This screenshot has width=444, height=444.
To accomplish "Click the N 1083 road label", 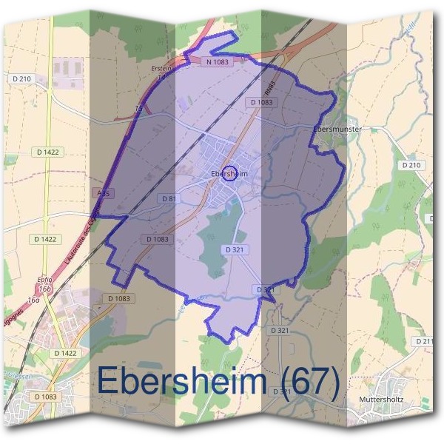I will click(218, 63).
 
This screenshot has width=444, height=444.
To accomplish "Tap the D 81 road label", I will click(168, 199).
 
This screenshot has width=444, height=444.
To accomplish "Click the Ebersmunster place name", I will click(337, 129).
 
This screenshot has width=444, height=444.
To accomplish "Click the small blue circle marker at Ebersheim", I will click(229, 173).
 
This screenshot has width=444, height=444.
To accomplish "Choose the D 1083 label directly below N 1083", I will click(262, 102).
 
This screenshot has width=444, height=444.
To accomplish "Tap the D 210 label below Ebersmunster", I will click(410, 165).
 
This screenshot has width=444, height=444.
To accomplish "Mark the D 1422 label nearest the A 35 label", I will click(46, 239).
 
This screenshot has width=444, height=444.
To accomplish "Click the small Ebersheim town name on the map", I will click(229, 174).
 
